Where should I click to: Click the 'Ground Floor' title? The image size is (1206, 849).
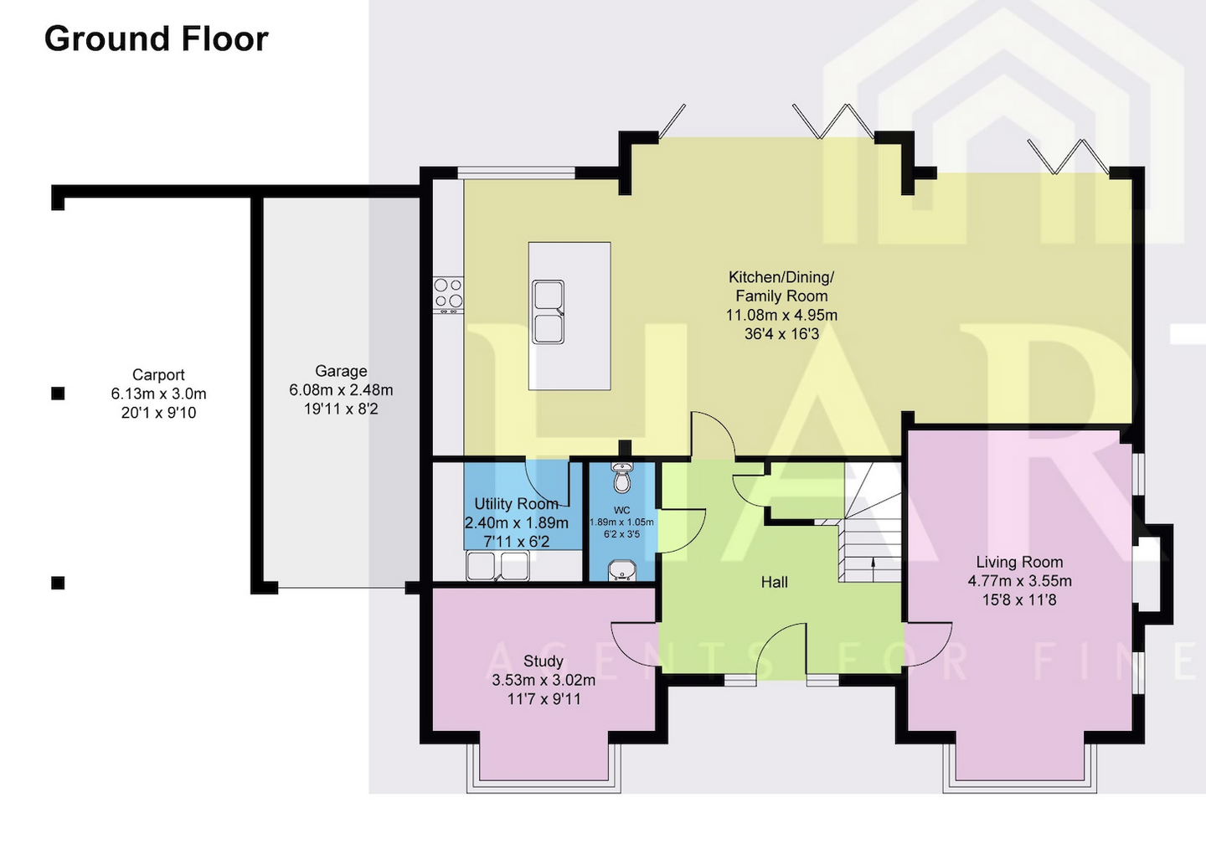(156, 39)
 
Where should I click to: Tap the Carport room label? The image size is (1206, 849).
(158, 375)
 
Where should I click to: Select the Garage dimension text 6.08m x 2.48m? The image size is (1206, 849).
(341, 390)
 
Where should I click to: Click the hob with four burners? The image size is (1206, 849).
(448, 294)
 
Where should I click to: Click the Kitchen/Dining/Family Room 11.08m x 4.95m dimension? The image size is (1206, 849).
(781, 316)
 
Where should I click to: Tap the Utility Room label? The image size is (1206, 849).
(516, 504)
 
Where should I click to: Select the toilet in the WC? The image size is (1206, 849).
(621, 479)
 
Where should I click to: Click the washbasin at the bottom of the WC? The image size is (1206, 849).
(621, 570)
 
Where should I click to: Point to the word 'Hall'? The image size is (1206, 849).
(774, 582)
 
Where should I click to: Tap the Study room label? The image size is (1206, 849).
(543, 661)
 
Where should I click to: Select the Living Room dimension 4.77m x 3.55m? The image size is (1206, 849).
(1019, 581)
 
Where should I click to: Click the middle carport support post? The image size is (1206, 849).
(58, 394)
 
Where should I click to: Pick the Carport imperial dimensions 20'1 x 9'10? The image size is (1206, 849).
(158, 413)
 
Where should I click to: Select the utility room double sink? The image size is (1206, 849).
(497, 567)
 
